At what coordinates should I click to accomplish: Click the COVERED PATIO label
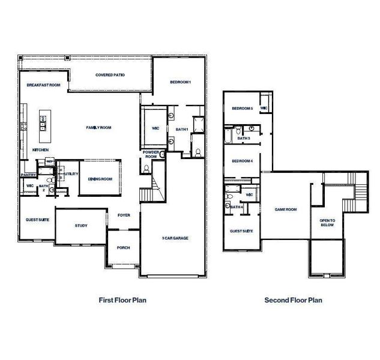[x=109, y=75]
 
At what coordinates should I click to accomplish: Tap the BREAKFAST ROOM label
[x=44, y=85]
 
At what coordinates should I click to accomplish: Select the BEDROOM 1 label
[x=180, y=82]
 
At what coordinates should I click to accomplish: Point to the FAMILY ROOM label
[x=98, y=127]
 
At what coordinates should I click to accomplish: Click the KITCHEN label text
[x=40, y=149]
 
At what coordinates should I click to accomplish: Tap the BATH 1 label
[x=182, y=129]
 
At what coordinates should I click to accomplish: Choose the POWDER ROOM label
[x=150, y=154]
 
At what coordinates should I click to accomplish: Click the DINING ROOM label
[x=100, y=179]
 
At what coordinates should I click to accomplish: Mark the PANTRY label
[x=29, y=175]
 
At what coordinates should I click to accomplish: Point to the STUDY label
[x=81, y=226]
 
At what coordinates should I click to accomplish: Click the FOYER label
[x=124, y=214]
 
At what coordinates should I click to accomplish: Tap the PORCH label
[x=123, y=247]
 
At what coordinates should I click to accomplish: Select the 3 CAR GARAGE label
[x=175, y=238]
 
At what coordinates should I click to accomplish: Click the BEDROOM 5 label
[x=243, y=108]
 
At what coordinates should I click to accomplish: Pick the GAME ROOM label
[x=286, y=209]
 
